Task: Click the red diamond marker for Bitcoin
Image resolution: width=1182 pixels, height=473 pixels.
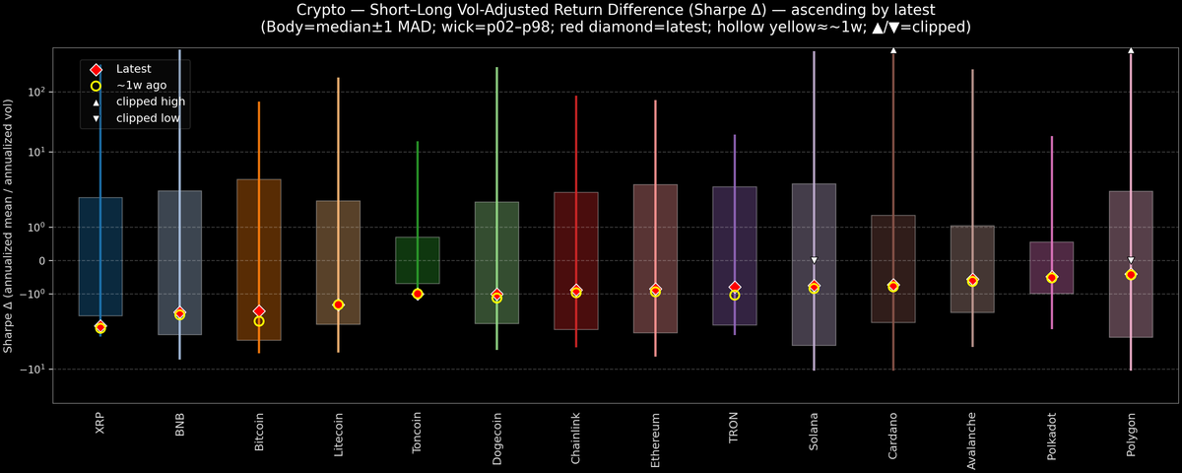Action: pyautogui.click(x=259, y=311)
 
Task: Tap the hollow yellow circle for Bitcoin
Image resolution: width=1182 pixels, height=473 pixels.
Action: pyautogui.click(x=259, y=321)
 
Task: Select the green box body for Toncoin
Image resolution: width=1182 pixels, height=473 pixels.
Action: pyautogui.click(x=418, y=260)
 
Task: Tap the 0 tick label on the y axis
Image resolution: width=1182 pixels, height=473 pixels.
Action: pyautogui.click(x=41, y=261)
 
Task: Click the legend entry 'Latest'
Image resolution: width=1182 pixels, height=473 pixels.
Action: pyautogui.click(x=132, y=69)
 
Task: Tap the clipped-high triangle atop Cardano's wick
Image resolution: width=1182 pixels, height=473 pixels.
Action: pyautogui.click(x=893, y=49)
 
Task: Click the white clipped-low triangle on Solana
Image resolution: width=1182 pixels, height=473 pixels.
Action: pyautogui.click(x=815, y=260)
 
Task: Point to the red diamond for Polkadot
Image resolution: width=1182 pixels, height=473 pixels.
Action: pyautogui.click(x=1052, y=278)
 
